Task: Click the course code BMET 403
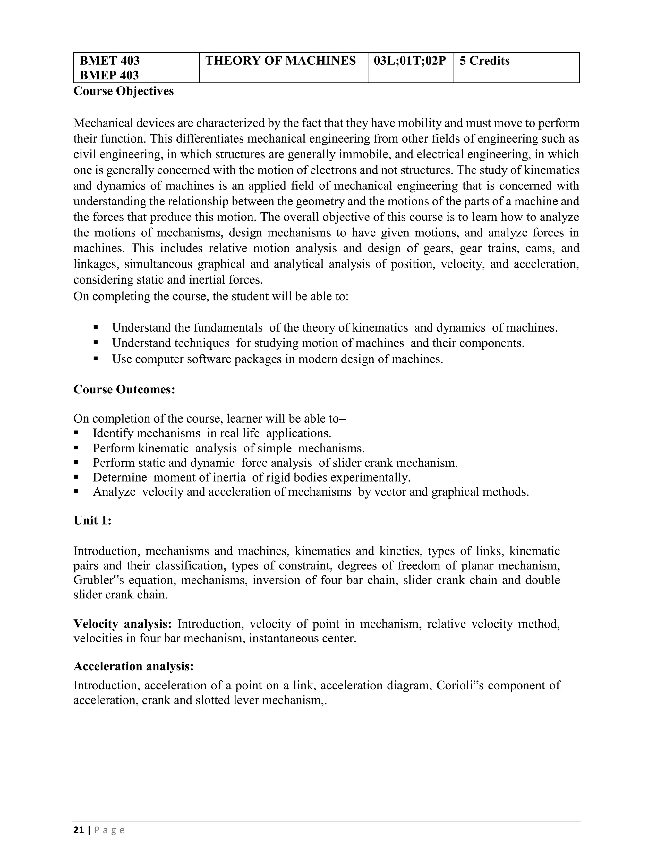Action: [x=109, y=61]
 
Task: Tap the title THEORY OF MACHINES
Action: [x=280, y=61]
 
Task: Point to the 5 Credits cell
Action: [x=485, y=61]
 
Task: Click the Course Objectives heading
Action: [x=124, y=91]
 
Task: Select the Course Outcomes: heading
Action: [x=124, y=389]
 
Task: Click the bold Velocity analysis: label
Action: [x=123, y=623]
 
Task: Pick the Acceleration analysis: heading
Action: [x=133, y=666]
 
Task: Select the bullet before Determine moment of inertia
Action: [x=76, y=477]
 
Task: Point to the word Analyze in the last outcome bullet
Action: [x=114, y=492]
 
